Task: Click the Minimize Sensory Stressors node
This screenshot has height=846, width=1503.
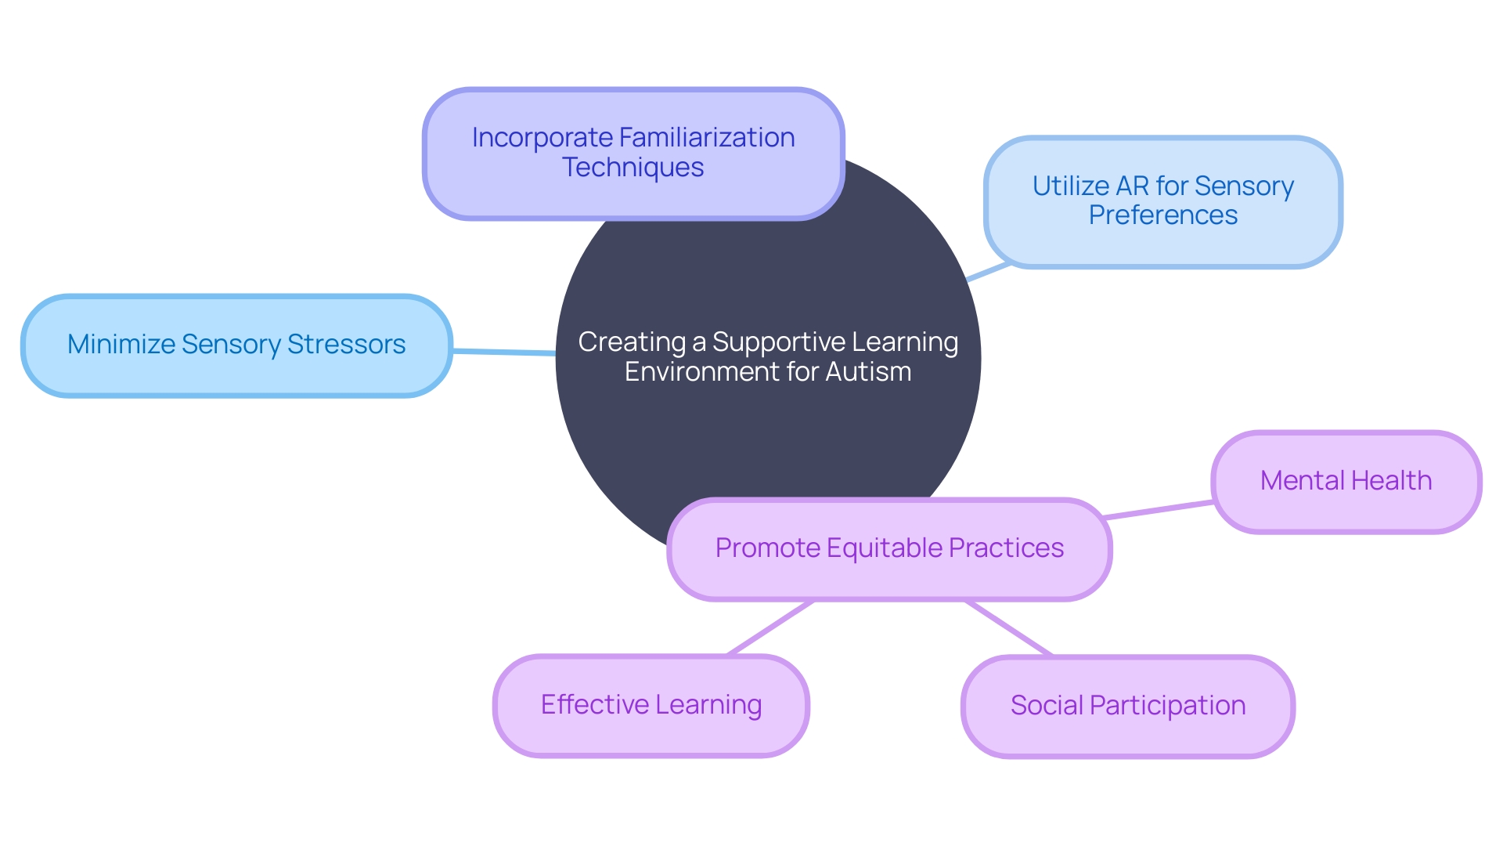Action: (x=236, y=345)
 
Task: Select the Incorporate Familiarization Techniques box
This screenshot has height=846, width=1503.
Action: (x=633, y=153)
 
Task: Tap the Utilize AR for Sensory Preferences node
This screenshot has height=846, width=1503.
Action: (x=1163, y=201)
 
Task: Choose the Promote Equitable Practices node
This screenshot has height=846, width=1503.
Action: (x=889, y=548)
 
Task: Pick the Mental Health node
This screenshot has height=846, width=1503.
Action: (x=1346, y=481)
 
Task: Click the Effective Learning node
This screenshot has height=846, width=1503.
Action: (x=651, y=705)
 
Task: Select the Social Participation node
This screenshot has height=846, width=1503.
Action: (x=1127, y=706)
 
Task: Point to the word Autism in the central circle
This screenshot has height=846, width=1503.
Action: (x=868, y=371)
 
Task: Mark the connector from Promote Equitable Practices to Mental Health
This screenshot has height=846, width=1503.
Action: (x=1159, y=510)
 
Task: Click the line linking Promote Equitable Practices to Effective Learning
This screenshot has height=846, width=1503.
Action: (x=770, y=628)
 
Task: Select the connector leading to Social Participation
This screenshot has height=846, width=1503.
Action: (x=1009, y=628)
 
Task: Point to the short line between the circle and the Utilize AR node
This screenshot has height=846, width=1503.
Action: (x=989, y=272)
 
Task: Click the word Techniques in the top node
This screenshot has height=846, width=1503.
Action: (x=633, y=168)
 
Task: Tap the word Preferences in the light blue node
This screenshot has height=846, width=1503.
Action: (x=1163, y=215)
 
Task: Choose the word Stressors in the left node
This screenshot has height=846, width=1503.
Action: (x=346, y=345)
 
